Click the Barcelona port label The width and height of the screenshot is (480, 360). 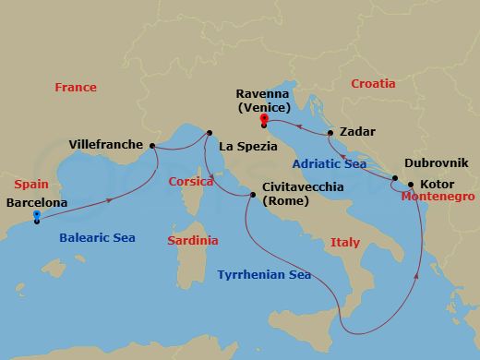pos(36,202)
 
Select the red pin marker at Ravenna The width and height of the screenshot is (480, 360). pos(264,119)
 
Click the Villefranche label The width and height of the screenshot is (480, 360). pos(106,145)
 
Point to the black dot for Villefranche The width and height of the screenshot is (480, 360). pos(151,146)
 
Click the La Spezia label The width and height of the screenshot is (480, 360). pos(247,146)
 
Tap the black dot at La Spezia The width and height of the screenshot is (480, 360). pos(210,133)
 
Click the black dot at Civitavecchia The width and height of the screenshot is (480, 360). pos(253,195)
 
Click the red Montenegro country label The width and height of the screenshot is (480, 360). pos(438,198)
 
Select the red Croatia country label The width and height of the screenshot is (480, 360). pos(373,84)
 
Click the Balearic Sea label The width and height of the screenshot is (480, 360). pos(97,237)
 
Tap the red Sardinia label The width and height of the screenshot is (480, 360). pos(193,240)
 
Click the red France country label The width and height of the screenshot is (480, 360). pos(75,87)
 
